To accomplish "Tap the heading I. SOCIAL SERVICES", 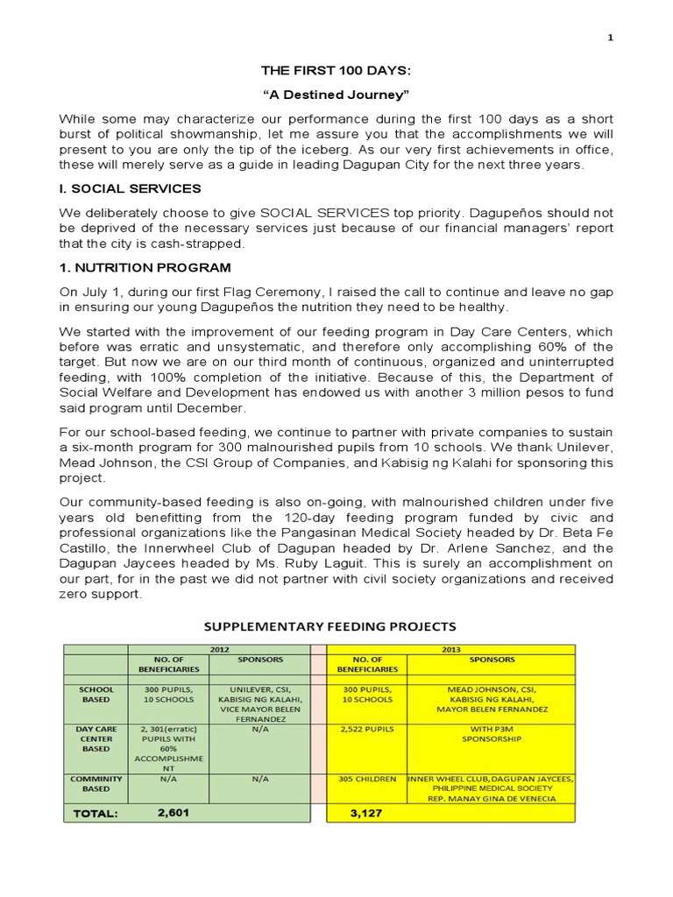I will [x=130, y=188].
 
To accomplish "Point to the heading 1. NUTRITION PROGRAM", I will [x=145, y=267].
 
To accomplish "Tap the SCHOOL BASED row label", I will [x=96, y=694].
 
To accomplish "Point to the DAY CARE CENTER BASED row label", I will [x=96, y=738].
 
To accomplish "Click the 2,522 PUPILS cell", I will [x=366, y=728].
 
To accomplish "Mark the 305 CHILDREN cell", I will [x=366, y=779].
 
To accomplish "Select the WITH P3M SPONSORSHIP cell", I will [x=492, y=733].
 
